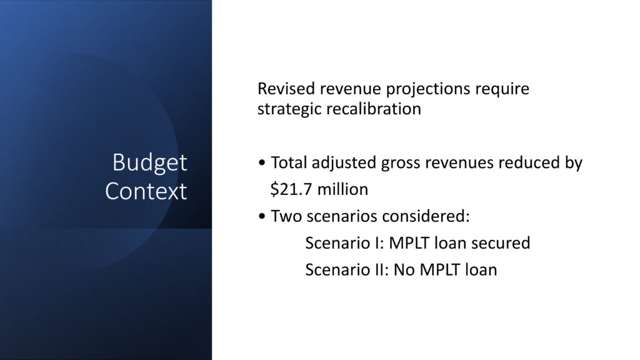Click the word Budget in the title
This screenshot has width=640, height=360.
coord(150,163)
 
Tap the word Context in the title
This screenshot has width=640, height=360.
coord(146,191)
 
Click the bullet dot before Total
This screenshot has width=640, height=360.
coord(262,163)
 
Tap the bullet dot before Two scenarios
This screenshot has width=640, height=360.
coord(262,216)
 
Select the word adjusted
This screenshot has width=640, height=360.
coord(344,163)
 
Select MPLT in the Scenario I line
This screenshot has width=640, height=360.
coord(409,243)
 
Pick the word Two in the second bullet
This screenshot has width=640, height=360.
coord(286,216)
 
